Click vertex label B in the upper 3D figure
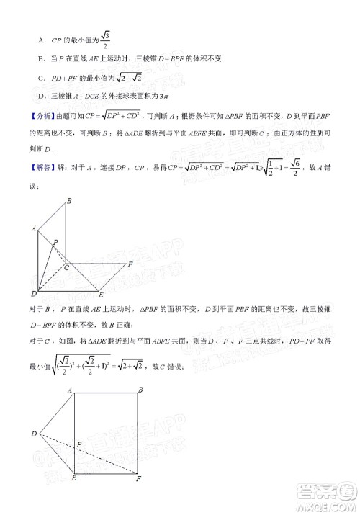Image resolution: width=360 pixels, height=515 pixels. click(x=69, y=200)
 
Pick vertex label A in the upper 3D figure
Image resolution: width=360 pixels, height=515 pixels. click(x=33, y=228)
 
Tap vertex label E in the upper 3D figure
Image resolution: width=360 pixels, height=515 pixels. click(x=101, y=295)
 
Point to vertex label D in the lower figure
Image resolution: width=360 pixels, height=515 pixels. click(x=33, y=433)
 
